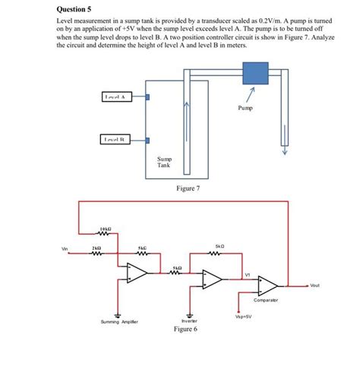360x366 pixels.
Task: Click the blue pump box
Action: [x=254, y=74]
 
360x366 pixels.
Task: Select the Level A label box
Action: [x=118, y=96]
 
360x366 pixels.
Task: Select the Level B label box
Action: [x=117, y=139]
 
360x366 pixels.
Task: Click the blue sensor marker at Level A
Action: [x=149, y=97]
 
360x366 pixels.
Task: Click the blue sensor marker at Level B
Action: [x=149, y=139]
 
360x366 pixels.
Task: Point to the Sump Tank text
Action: [x=165, y=162]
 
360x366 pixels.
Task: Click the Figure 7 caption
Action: [x=187, y=188]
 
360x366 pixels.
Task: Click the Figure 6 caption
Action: [x=186, y=330]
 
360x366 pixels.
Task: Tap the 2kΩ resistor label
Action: [x=96, y=248]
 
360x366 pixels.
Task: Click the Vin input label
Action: [x=65, y=248]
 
